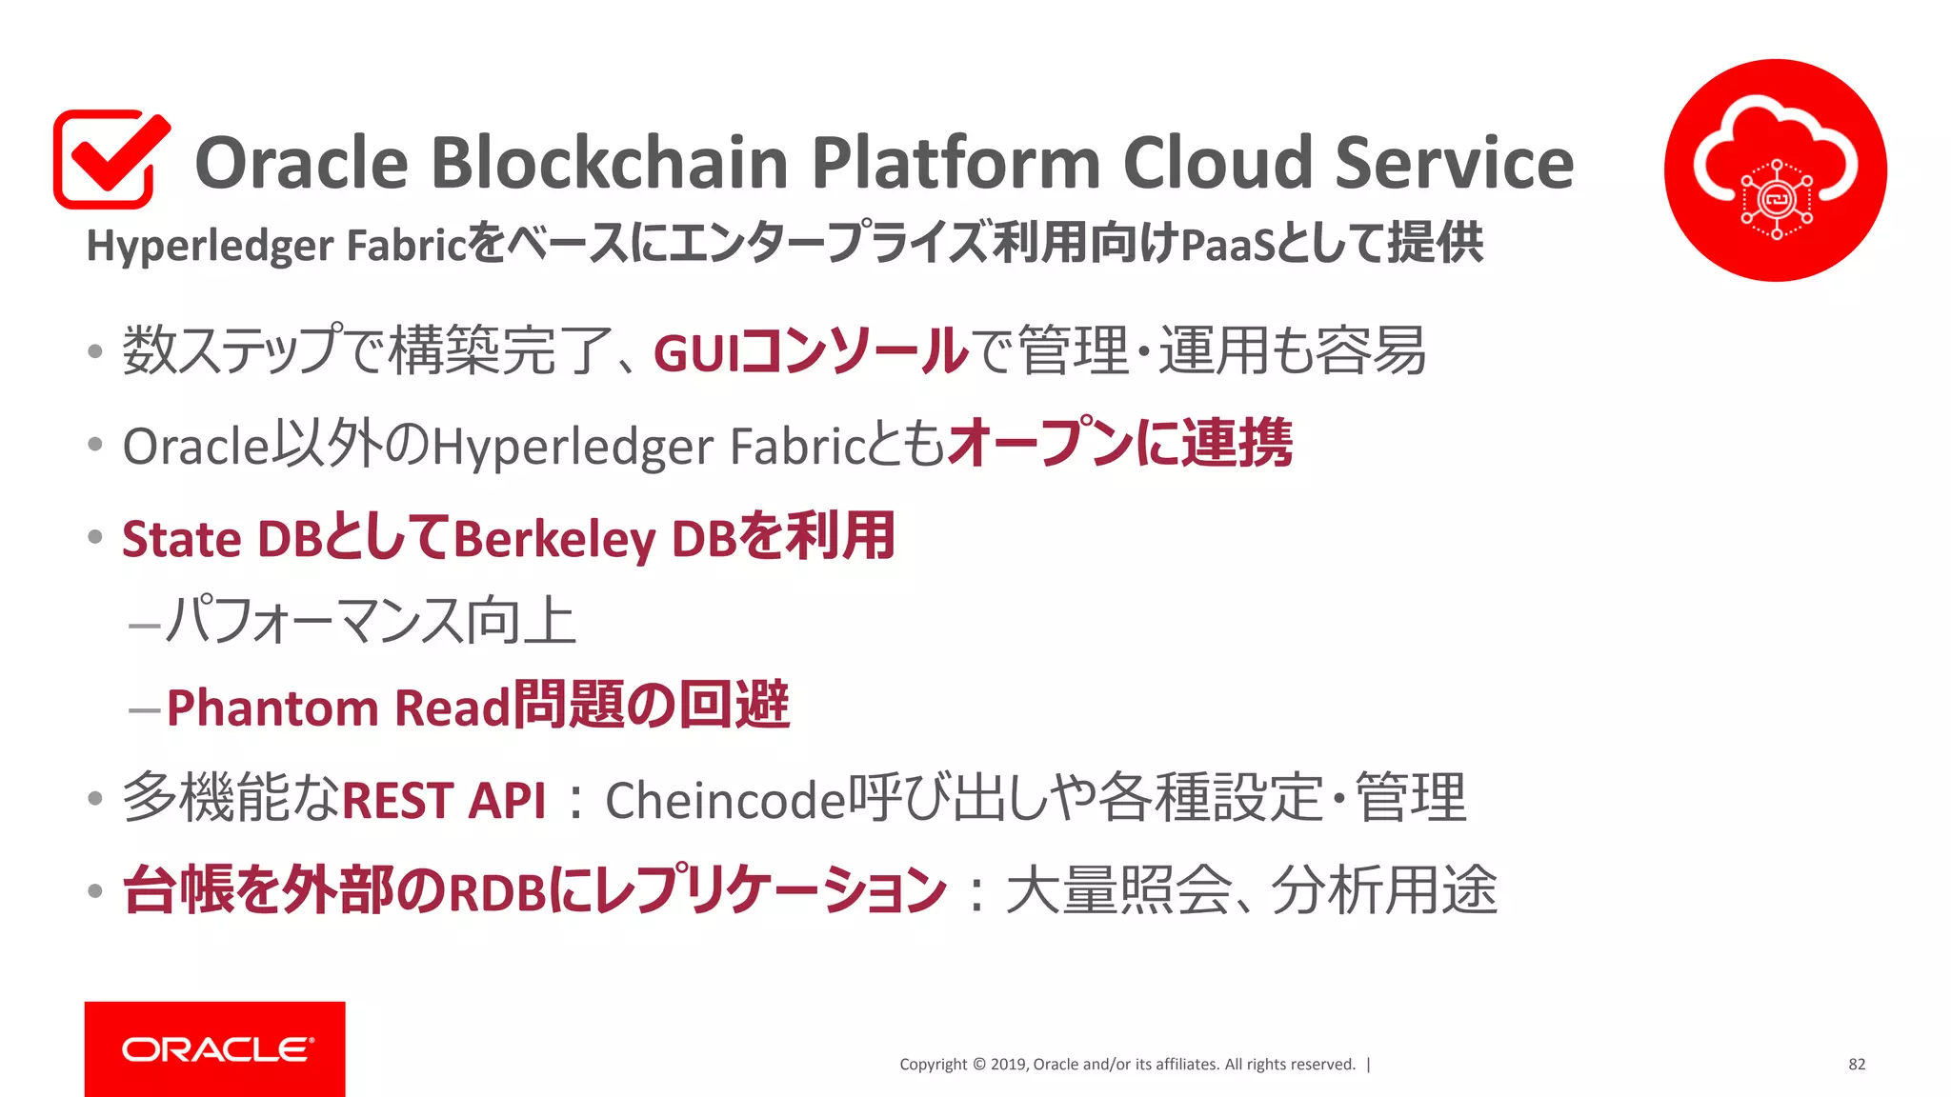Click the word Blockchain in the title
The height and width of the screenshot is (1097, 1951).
[610, 162]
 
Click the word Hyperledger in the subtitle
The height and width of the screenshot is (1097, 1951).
[210, 246]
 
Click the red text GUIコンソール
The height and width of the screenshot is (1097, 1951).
[810, 351]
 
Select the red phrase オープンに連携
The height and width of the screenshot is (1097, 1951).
[1120, 444]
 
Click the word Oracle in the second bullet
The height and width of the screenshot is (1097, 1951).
[196, 446]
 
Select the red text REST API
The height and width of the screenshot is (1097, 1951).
[444, 800]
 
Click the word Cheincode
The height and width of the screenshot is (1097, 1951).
[725, 800]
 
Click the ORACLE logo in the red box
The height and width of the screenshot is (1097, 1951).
[216, 1049]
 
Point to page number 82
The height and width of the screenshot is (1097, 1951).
[1856, 1065]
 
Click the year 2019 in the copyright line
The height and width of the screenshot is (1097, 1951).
[1008, 1065]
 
